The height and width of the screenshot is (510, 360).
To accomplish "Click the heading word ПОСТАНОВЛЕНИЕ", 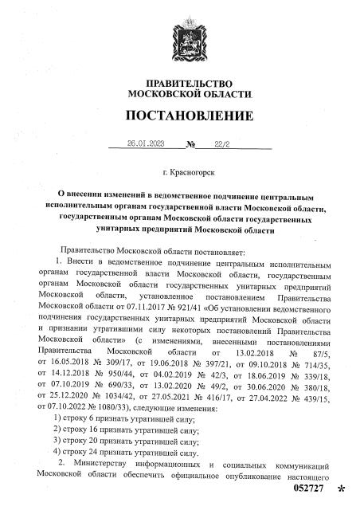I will [179, 117].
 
